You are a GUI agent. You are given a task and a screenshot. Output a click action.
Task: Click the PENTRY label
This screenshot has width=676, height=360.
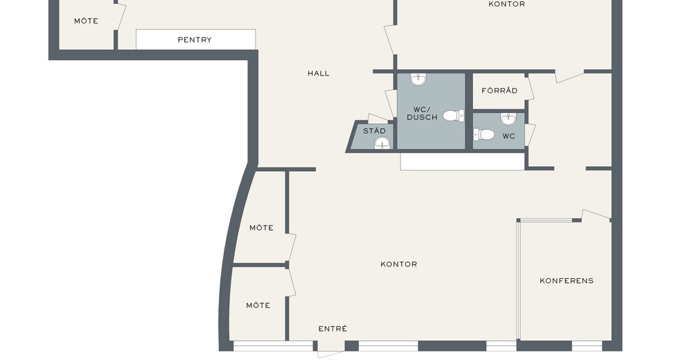(x=195, y=39)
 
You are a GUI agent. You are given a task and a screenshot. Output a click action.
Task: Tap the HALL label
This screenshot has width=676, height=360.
(x=319, y=73)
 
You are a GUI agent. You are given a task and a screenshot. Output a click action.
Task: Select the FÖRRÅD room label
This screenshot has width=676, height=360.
(x=499, y=91)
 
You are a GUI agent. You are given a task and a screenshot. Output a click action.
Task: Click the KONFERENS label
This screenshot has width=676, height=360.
(x=567, y=280)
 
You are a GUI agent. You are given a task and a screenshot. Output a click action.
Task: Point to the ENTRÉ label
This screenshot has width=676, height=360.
(x=333, y=329)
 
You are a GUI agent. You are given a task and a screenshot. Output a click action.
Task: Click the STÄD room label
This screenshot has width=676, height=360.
(x=374, y=131)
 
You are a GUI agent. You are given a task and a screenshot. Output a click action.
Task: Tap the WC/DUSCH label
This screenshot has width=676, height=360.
(x=422, y=113)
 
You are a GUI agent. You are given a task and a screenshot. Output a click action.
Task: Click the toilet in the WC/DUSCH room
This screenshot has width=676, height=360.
(x=454, y=116)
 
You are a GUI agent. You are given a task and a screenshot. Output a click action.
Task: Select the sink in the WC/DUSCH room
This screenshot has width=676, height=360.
(x=418, y=80)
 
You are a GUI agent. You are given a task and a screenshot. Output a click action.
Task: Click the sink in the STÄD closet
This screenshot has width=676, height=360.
(x=382, y=143)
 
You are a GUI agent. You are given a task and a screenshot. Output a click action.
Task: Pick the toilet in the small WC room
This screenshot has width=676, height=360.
(x=484, y=134)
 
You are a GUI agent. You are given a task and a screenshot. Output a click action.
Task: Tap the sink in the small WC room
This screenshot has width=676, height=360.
(x=508, y=119)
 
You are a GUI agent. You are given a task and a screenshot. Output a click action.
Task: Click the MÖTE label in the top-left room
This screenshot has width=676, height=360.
(x=86, y=21)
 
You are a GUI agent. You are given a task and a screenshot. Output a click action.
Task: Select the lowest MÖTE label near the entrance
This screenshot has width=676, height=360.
(x=258, y=305)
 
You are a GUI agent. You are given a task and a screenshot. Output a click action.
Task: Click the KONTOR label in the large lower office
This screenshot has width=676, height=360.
(x=399, y=264)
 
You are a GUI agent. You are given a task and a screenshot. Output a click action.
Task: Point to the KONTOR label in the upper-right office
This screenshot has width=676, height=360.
(x=506, y=4)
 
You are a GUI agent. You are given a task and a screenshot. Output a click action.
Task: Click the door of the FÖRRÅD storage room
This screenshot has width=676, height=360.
(x=530, y=88)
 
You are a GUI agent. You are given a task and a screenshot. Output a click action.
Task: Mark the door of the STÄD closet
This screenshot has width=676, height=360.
(x=378, y=118)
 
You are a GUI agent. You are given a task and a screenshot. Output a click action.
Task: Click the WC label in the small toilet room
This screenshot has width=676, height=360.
(x=508, y=136)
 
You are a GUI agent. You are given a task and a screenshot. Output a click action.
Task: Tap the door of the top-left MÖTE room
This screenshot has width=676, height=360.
(x=121, y=17)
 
